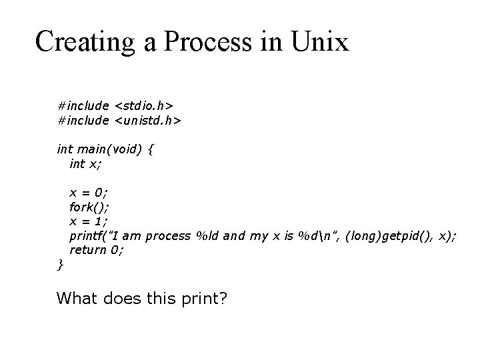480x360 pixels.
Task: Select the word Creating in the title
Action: coord(87,41)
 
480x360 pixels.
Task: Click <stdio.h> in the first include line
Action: coord(144,105)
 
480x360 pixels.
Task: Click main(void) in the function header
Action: coord(105,149)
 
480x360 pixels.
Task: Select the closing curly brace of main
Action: coord(61,265)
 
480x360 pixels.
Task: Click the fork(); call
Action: coord(89,207)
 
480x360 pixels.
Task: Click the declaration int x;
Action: coord(85,163)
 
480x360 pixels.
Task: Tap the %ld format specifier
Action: coord(205,236)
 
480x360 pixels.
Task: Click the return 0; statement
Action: coord(97,250)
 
